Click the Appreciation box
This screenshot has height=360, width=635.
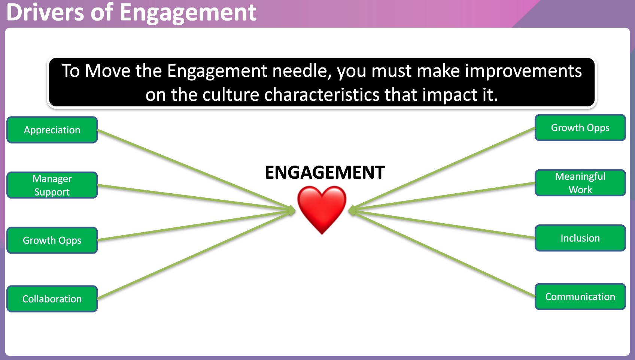(x=52, y=130)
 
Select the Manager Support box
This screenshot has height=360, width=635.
(x=52, y=185)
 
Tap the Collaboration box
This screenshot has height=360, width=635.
(x=52, y=299)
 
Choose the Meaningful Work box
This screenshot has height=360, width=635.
(x=580, y=183)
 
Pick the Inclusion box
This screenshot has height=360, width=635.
(x=580, y=238)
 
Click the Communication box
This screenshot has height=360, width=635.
(x=580, y=297)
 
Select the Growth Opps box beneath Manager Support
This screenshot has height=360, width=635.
(x=52, y=240)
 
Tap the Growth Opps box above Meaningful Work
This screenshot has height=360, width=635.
(x=580, y=128)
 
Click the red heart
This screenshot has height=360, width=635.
(x=322, y=208)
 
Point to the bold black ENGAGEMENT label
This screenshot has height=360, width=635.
(x=325, y=173)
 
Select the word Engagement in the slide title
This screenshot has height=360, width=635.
(x=188, y=12)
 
